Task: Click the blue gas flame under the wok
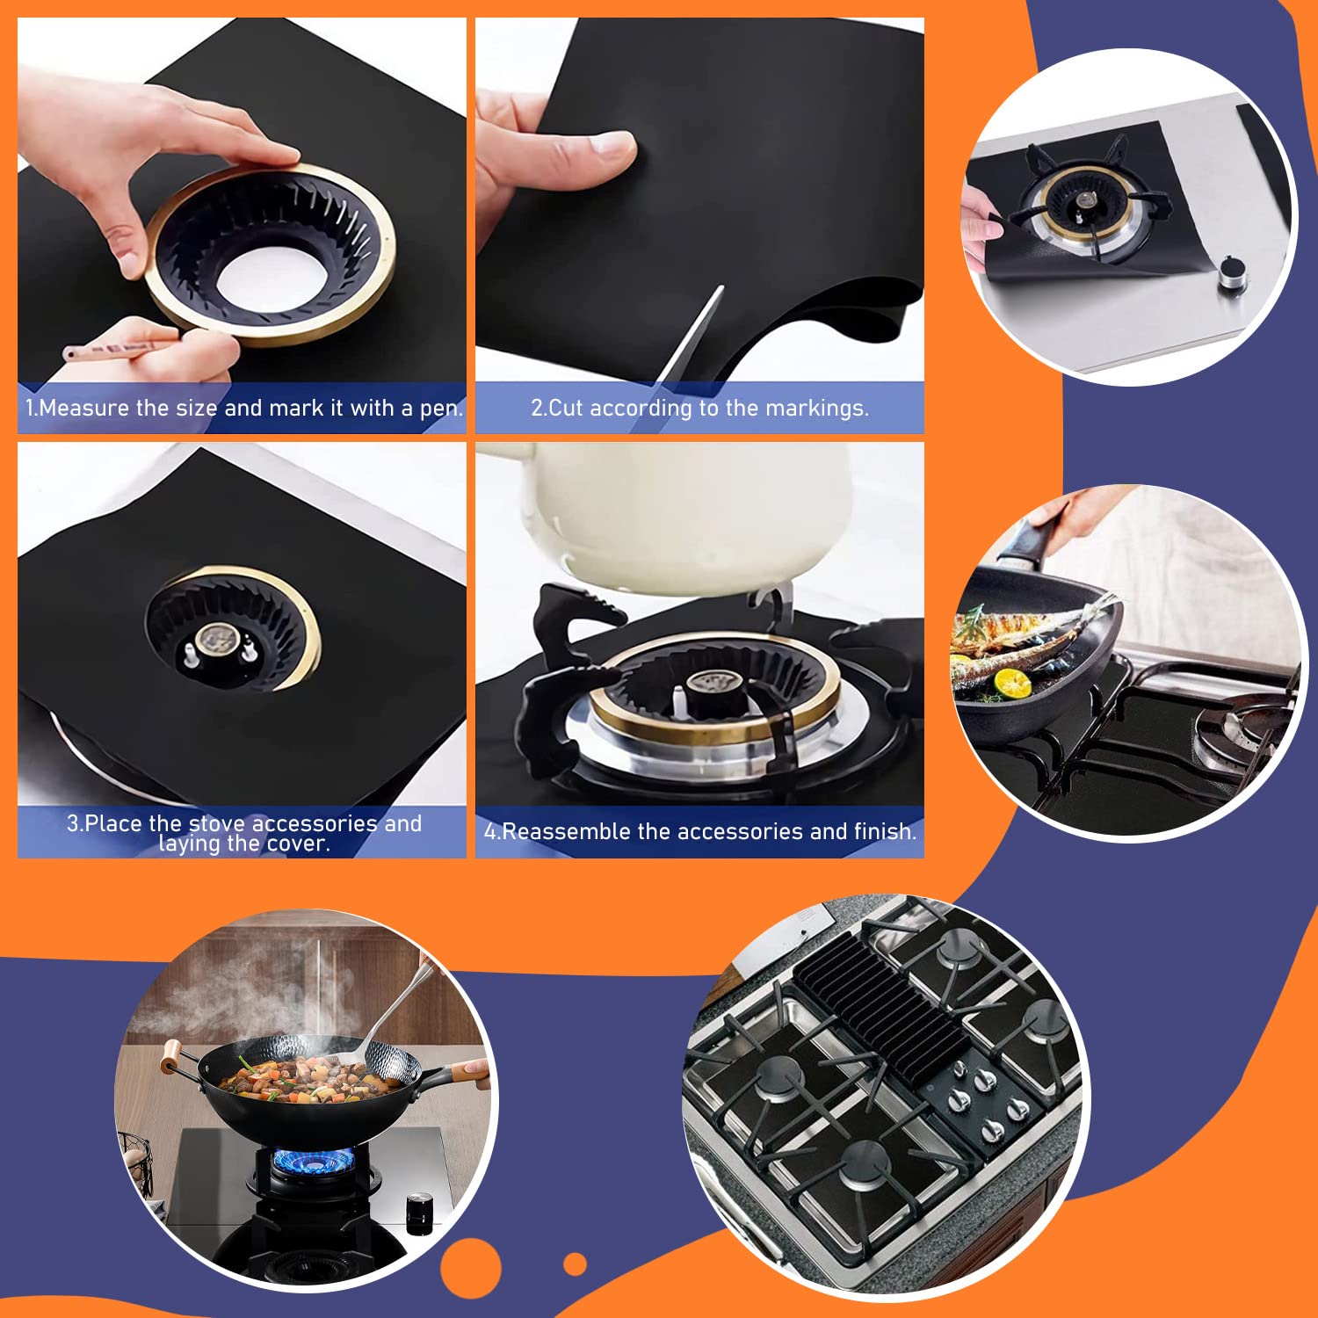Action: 313,1160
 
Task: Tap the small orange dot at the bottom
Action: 576,1264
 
